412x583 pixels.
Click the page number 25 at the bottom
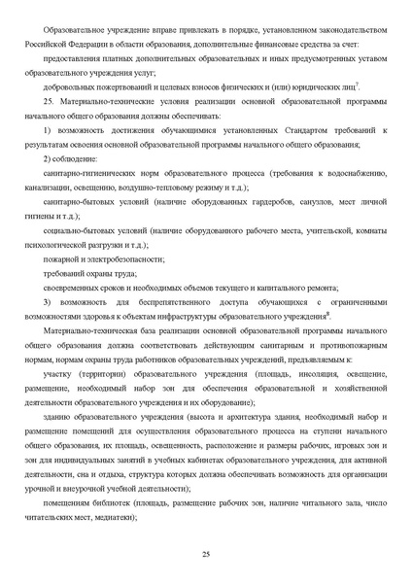tap(206, 553)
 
